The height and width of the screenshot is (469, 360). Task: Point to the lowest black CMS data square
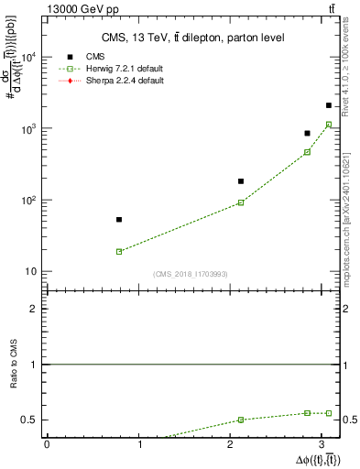pos(119,220)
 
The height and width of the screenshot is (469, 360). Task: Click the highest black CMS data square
pos(329,105)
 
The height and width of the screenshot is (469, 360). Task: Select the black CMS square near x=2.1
pos(241,181)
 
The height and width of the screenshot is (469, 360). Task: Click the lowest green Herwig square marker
pos(119,251)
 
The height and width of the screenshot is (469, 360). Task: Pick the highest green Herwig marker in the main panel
pos(329,125)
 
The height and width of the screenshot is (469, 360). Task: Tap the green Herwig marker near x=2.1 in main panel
pos(241,202)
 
